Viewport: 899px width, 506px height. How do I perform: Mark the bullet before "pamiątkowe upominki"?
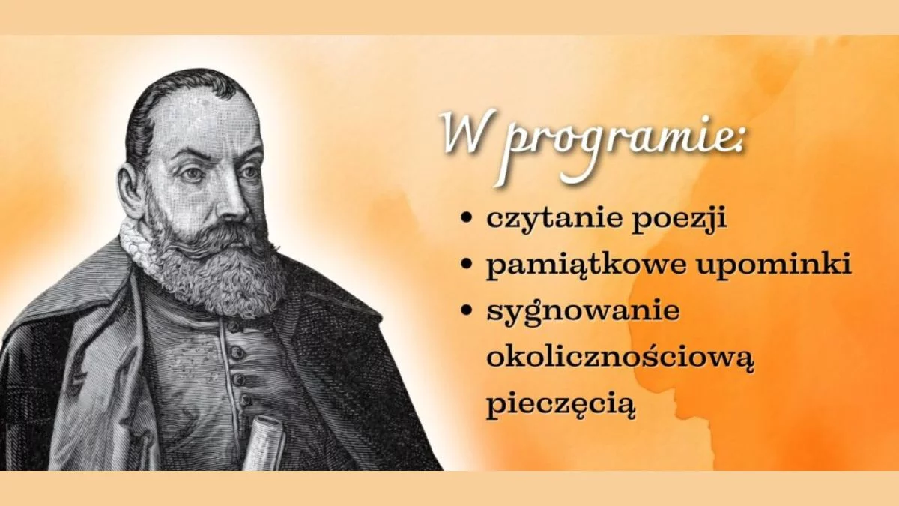coord(466,265)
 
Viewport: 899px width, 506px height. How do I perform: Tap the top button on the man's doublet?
coord(233,327)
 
